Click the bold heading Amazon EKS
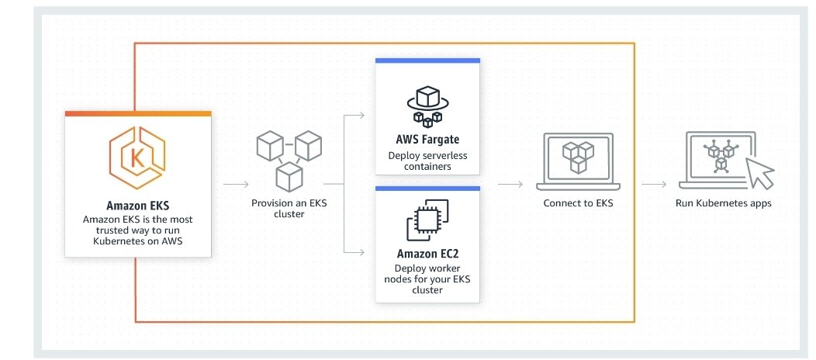(x=138, y=206)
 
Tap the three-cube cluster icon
(x=287, y=160)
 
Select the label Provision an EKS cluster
(x=288, y=209)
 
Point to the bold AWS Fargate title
(x=427, y=140)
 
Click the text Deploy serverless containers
(x=427, y=161)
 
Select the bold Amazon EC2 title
(x=427, y=254)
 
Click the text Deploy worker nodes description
(x=427, y=279)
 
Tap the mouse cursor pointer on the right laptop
(x=759, y=173)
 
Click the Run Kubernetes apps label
(x=724, y=203)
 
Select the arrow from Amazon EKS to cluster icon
(x=236, y=185)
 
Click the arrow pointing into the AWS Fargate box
(x=355, y=116)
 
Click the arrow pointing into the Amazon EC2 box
(x=355, y=252)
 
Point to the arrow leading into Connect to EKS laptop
(x=510, y=185)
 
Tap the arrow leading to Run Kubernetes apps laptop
(x=654, y=185)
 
